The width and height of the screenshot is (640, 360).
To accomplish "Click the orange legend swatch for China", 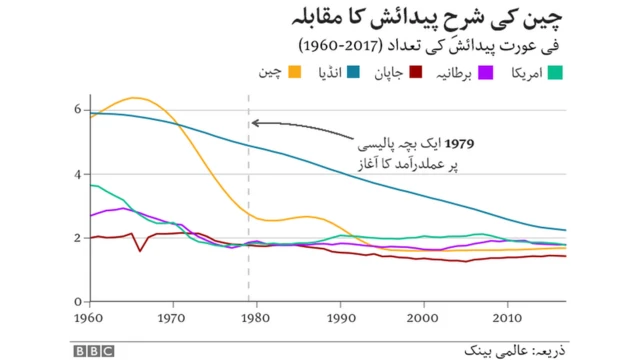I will click(x=295, y=73).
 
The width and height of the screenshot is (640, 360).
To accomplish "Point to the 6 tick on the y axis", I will click(x=80, y=110).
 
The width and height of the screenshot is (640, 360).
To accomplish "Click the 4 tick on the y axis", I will click(x=80, y=174).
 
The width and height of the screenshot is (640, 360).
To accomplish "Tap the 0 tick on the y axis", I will click(x=80, y=301).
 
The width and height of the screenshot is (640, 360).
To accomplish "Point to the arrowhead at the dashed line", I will click(x=255, y=123).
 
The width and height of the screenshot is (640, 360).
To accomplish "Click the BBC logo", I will click(x=92, y=350).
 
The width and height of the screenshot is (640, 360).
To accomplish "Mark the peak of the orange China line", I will click(x=136, y=98).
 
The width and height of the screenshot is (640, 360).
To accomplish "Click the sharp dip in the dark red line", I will click(x=140, y=249).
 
